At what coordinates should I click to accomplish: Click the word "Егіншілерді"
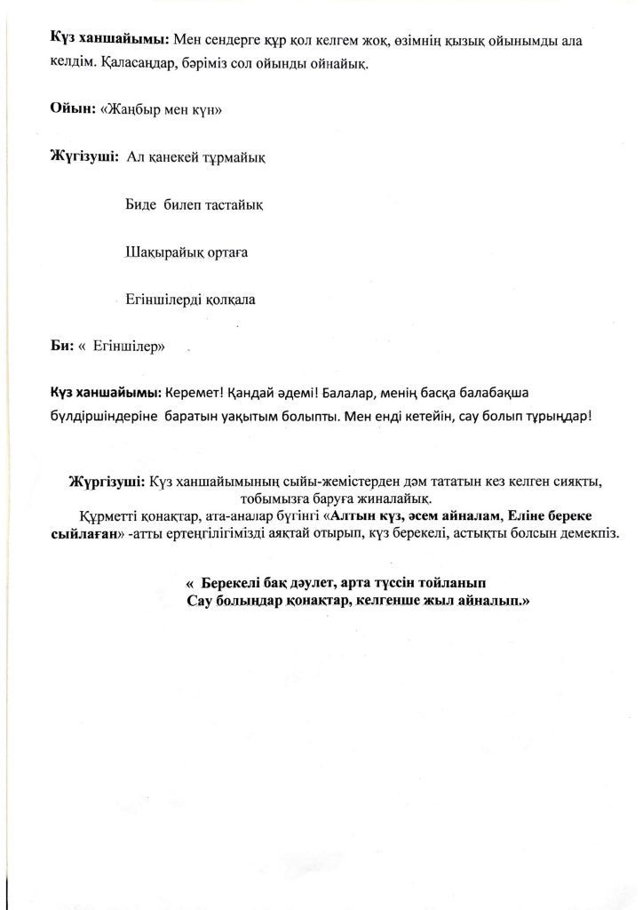tap(164, 299)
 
